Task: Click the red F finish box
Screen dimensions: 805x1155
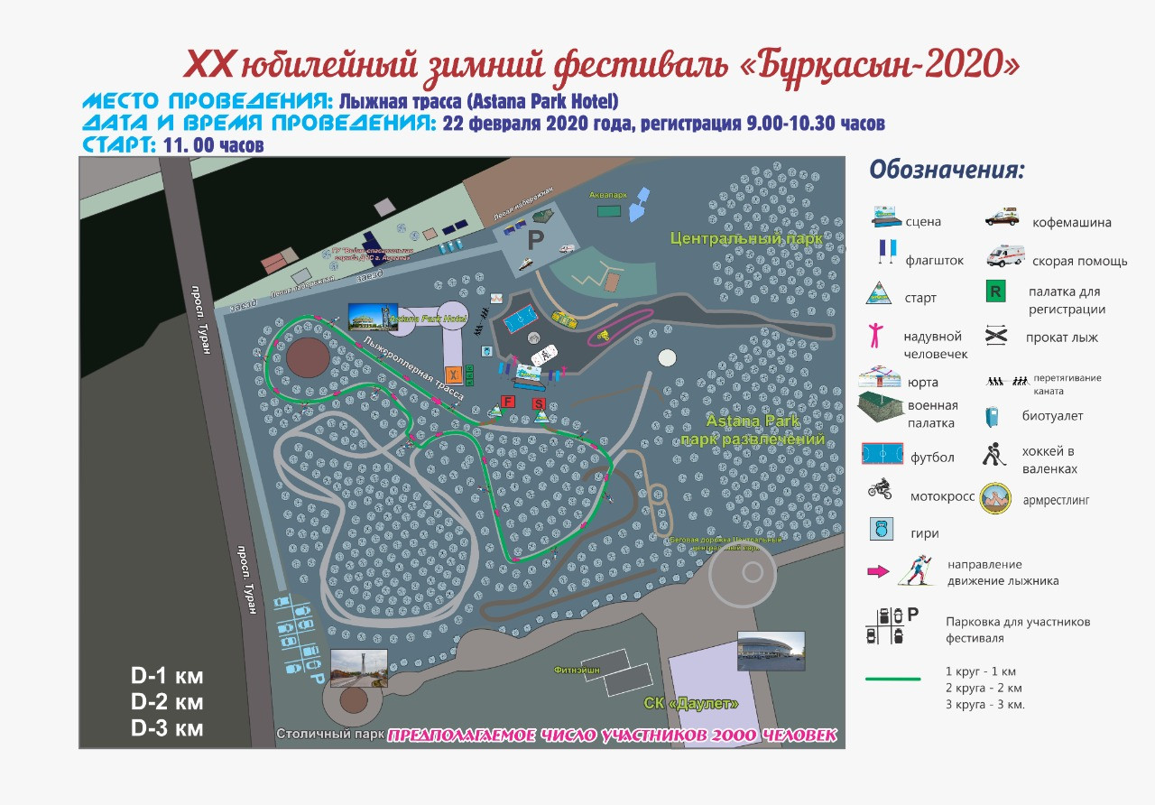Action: tap(508, 401)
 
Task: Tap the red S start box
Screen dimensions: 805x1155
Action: tap(540, 403)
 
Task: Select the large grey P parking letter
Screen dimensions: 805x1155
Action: tap(536, 240)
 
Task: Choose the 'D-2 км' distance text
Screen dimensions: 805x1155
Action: tap(168, 702)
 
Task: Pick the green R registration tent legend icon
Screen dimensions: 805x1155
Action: tap(996, 292)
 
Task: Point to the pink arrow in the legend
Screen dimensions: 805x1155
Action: tap(877, 570)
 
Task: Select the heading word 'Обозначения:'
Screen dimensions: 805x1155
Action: tap(947, 170)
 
